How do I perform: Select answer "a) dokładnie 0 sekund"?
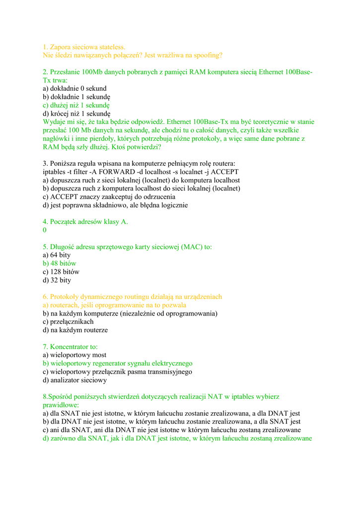coord(74,88)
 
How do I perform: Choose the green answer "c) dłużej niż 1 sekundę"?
coord(76,105)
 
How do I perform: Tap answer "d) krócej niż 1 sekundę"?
coord(76,114)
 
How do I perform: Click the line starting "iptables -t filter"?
coord(141,172)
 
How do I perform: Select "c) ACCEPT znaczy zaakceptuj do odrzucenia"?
coord(112,197)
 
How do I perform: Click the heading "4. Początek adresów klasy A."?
coord(85,222)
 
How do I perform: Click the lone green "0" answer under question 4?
coord(45,230)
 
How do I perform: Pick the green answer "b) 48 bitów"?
coord(60,263)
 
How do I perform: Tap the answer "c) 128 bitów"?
coord(61,272)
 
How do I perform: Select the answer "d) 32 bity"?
coord(57,280)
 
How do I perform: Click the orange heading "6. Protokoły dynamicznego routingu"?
coord(132,297)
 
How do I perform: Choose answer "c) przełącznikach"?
coord(68,321)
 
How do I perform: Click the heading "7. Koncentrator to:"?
coord(71,346)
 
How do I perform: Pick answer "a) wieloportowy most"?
coord(74,355)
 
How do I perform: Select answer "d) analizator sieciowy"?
coord(74,380)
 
